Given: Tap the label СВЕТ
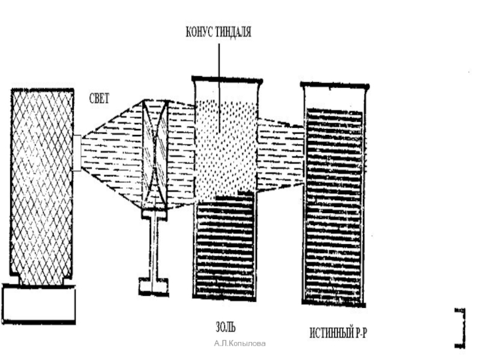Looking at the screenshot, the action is coord(99,98).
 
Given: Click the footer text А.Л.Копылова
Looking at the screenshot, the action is coord(240,343).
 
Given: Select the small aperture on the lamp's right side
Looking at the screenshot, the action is coord(77,153).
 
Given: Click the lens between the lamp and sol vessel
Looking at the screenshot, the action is coord(155,153).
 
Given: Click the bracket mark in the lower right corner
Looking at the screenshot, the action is coord(460,327).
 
